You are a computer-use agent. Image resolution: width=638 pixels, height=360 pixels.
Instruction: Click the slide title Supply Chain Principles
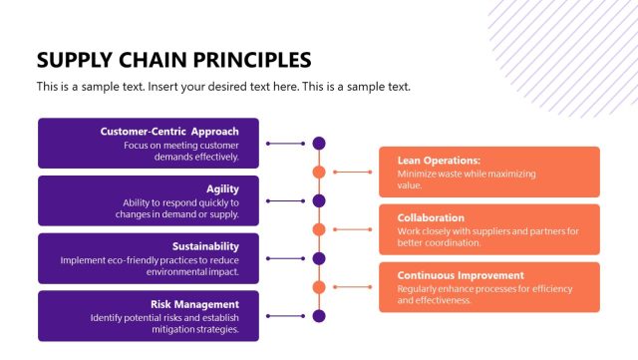[x=173, y=59]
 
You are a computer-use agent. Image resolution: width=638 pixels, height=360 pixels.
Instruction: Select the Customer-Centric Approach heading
[x=169, y=132]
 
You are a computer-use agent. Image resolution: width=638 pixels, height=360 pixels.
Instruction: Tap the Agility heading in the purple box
[x=222, y=188]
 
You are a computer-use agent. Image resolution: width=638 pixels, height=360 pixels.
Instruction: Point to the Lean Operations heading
[x=440, y=160]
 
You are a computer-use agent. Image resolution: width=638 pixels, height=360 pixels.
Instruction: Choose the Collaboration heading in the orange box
[x=431, y=217]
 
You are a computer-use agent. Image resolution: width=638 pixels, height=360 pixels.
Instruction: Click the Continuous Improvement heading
[x=460, y=275]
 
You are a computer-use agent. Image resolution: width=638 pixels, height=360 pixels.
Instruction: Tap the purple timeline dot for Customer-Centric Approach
[x=319, y=144]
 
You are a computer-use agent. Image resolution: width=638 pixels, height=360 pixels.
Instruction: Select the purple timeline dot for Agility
[x=319, y=200]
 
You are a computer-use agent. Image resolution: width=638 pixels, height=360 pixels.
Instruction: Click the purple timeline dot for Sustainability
[x=319, y=258]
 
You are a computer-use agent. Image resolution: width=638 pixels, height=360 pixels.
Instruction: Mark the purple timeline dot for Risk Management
[x=319, y=316]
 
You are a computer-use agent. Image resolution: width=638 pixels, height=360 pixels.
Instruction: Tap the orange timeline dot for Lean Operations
[x=319, y=172]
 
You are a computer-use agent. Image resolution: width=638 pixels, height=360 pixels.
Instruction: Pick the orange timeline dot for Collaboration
[x=319, y=229]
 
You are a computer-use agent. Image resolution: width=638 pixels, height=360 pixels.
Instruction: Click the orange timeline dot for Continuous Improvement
[x=319, y=287]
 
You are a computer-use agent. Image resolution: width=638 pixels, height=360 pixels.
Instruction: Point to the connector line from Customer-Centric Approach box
[x=285, y=144]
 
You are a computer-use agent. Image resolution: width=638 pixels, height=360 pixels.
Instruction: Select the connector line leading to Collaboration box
[x=352, y=229]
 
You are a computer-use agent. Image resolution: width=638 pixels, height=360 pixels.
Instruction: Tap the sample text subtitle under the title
[x=223, y=87]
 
